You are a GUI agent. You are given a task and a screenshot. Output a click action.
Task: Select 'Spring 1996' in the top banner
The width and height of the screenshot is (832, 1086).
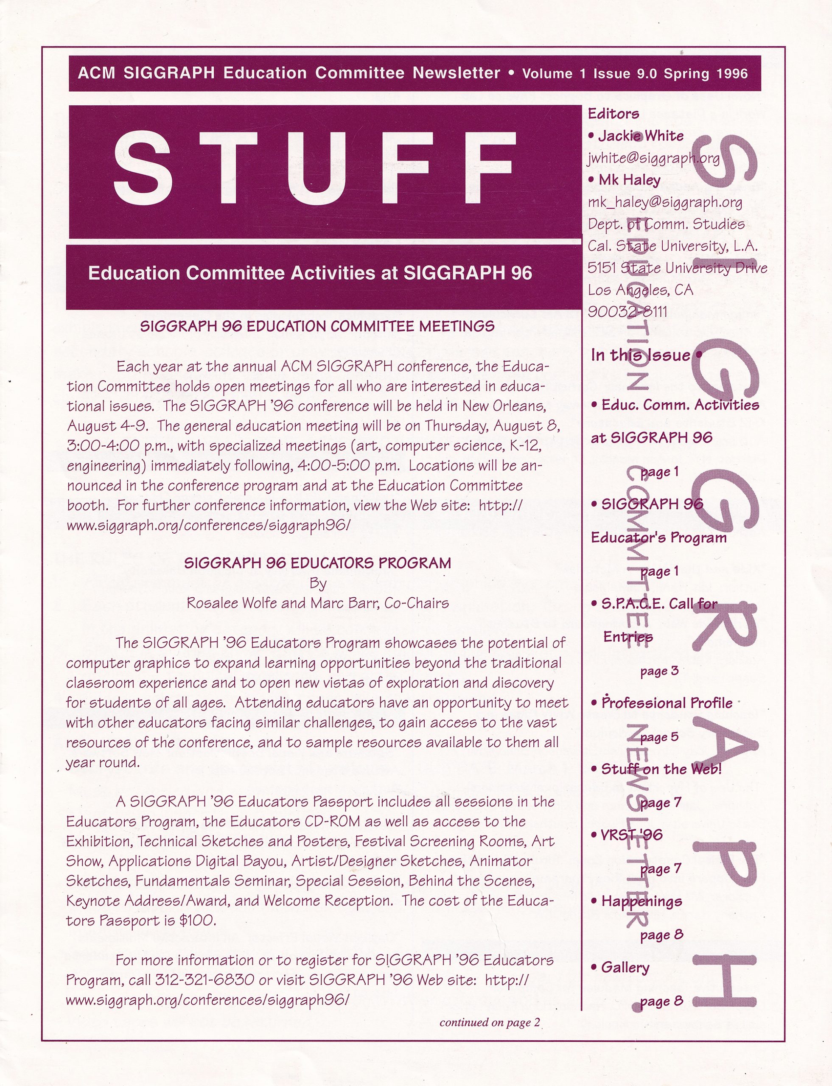point(705,74)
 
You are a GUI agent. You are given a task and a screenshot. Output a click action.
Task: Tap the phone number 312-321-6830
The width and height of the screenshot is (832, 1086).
point(204,980)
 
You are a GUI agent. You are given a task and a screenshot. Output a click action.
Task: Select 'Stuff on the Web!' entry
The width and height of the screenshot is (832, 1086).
point(661,769)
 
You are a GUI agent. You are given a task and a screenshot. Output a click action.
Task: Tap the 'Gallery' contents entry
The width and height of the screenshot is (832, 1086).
point(625,968)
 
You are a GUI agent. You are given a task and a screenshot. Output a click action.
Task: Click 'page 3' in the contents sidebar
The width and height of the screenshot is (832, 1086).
point(659,672)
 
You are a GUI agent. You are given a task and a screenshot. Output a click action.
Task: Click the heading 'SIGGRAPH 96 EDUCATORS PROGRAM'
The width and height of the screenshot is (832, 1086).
point(317,563)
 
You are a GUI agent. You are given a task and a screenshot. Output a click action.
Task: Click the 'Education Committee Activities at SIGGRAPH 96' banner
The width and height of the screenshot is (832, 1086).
point(310,273)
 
